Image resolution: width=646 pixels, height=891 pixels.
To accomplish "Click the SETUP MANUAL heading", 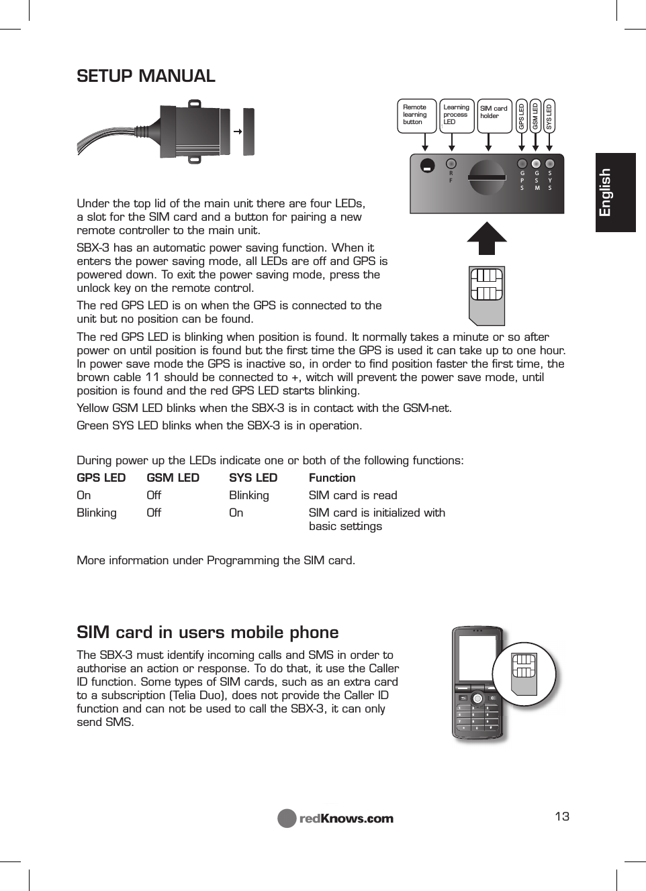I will (146, 76).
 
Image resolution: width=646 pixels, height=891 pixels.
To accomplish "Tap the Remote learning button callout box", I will (416, 115).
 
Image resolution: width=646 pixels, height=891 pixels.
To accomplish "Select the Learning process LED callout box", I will (456, 115).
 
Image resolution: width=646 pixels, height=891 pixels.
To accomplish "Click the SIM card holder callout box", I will (494, 115).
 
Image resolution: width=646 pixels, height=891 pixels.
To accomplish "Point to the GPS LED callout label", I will (522, 115).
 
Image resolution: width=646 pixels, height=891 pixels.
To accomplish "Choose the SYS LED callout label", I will (549, 115).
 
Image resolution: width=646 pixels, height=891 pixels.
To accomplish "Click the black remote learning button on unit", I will (427, 166).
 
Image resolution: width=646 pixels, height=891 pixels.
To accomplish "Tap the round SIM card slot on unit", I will (487, 177).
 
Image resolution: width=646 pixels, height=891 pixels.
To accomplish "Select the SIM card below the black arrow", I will (487, 295).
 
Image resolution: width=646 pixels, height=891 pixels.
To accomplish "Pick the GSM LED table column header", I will (173, 478).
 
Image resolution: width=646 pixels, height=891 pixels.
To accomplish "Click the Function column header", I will (332, 478).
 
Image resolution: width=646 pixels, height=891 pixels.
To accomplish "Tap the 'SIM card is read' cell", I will (353, 495).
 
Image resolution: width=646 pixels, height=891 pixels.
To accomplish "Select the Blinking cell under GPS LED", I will (97, 513).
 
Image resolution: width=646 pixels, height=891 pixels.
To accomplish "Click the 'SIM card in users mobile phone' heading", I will (207, 632).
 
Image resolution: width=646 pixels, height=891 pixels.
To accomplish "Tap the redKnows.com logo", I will (336, 819).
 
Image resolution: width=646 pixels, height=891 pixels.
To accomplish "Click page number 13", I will (562, 816).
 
